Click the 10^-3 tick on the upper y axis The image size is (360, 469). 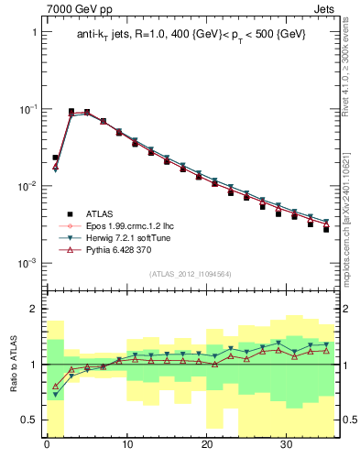coord(28,263)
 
